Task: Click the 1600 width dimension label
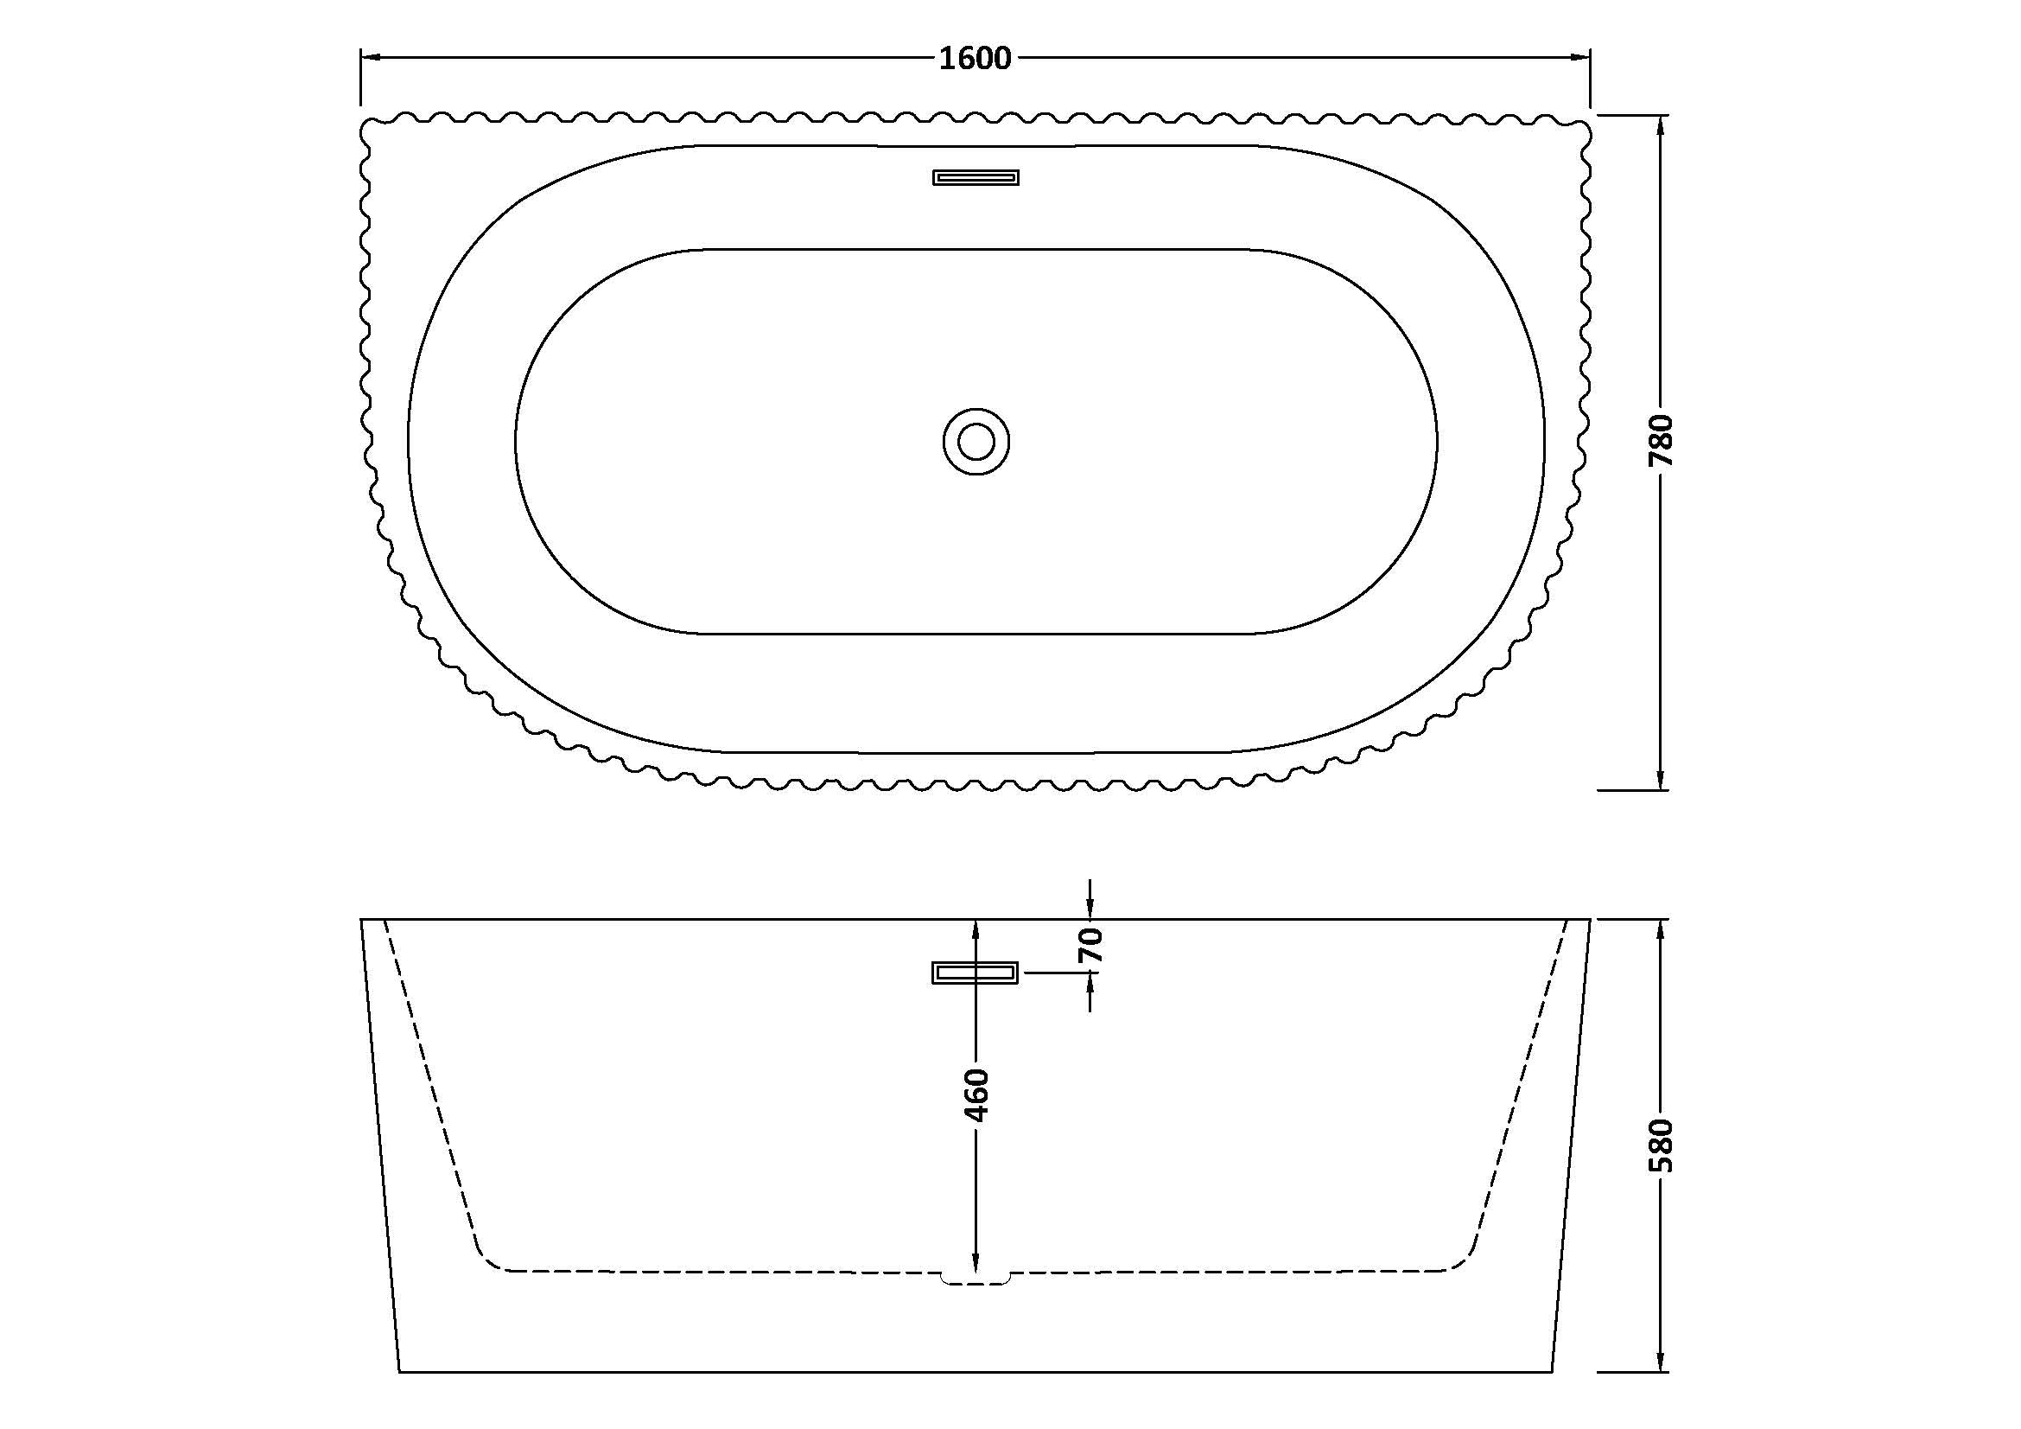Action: click(976, 58)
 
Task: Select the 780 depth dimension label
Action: click(1660, 440)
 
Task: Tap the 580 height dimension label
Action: click(1660, 1145)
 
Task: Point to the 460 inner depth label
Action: click(976, 1095)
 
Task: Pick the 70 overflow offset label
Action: click(1090, 945)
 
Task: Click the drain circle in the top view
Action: click(976, 441)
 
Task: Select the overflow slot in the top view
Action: click(976, 178)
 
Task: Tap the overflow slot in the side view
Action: click(975, 972)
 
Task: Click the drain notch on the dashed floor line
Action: click(976, 1279)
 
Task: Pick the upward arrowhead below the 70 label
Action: click(1090, 983)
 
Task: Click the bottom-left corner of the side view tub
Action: click(401, 1395)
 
